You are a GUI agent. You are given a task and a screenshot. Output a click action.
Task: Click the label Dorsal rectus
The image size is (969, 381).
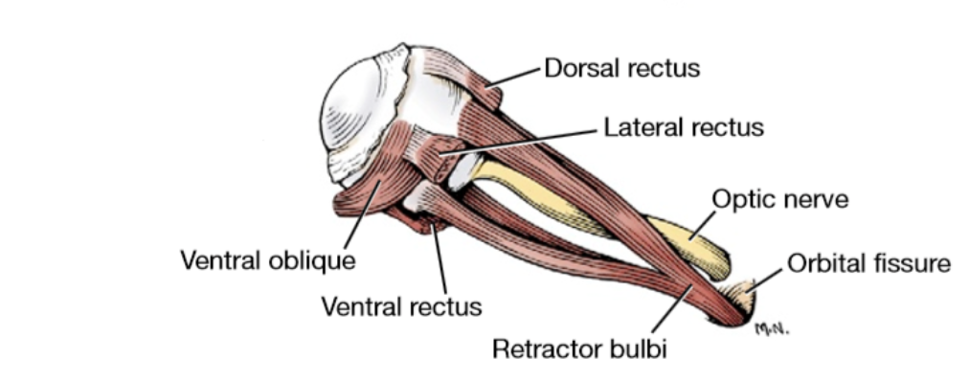(622, 69)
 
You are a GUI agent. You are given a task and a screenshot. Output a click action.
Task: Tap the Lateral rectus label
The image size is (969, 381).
(684, 127)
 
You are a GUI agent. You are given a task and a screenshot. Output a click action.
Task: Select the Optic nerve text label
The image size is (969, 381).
(780, 199)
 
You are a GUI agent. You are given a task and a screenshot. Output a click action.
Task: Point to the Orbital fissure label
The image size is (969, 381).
(868, 262)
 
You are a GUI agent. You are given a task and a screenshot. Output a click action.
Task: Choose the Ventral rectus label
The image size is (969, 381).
(401, 307)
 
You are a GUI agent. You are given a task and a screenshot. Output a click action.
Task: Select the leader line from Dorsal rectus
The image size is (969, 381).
(517, 78)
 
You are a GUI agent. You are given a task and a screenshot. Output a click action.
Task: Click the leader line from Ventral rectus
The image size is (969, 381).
(439, 259)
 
